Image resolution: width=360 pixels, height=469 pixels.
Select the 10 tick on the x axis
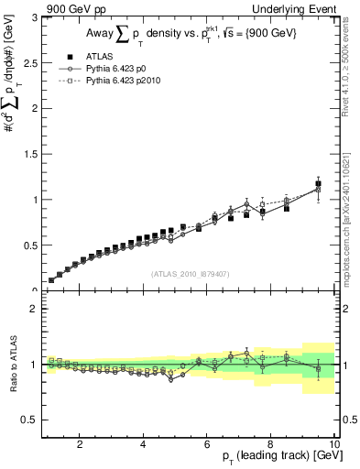333,444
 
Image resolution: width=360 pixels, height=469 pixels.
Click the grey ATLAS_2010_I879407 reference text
189,273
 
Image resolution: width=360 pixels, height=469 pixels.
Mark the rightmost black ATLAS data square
318,184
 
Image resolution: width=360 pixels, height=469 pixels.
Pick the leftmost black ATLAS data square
51,280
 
